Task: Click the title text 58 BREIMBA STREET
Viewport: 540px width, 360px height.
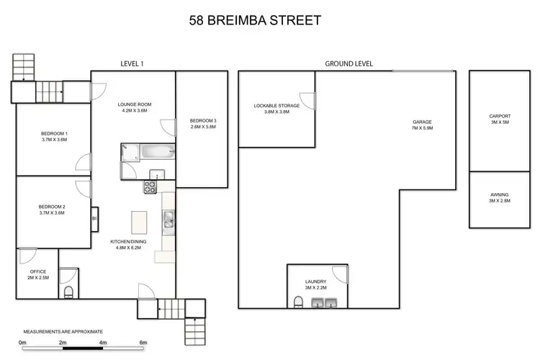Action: (x=255, y=20)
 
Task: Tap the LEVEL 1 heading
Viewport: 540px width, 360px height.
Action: (x=132, y=63)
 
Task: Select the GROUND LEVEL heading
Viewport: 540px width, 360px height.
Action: (x=348, y=63)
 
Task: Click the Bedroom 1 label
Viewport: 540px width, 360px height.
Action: (x=54, y=134)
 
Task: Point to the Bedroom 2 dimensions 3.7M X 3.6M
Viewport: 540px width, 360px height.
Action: (x=52, y=213)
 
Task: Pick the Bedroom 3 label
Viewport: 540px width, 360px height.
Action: (x=203, y=120)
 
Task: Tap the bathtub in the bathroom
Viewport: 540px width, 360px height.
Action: (x=156, y=152)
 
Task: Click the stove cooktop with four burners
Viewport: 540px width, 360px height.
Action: (x=150, y=187)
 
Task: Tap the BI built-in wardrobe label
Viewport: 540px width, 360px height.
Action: (x=94, y=219)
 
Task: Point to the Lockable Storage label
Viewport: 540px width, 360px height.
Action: (x=276, y=106)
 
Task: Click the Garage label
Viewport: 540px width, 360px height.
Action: (x=422, y=122)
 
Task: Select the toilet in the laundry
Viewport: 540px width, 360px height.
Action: (x=297, y=300)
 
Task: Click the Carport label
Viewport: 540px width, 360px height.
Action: (x=500, y=116)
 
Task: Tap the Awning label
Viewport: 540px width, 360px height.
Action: (x=500, y=195)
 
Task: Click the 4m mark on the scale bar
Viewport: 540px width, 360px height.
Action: (x=103, y=342)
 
